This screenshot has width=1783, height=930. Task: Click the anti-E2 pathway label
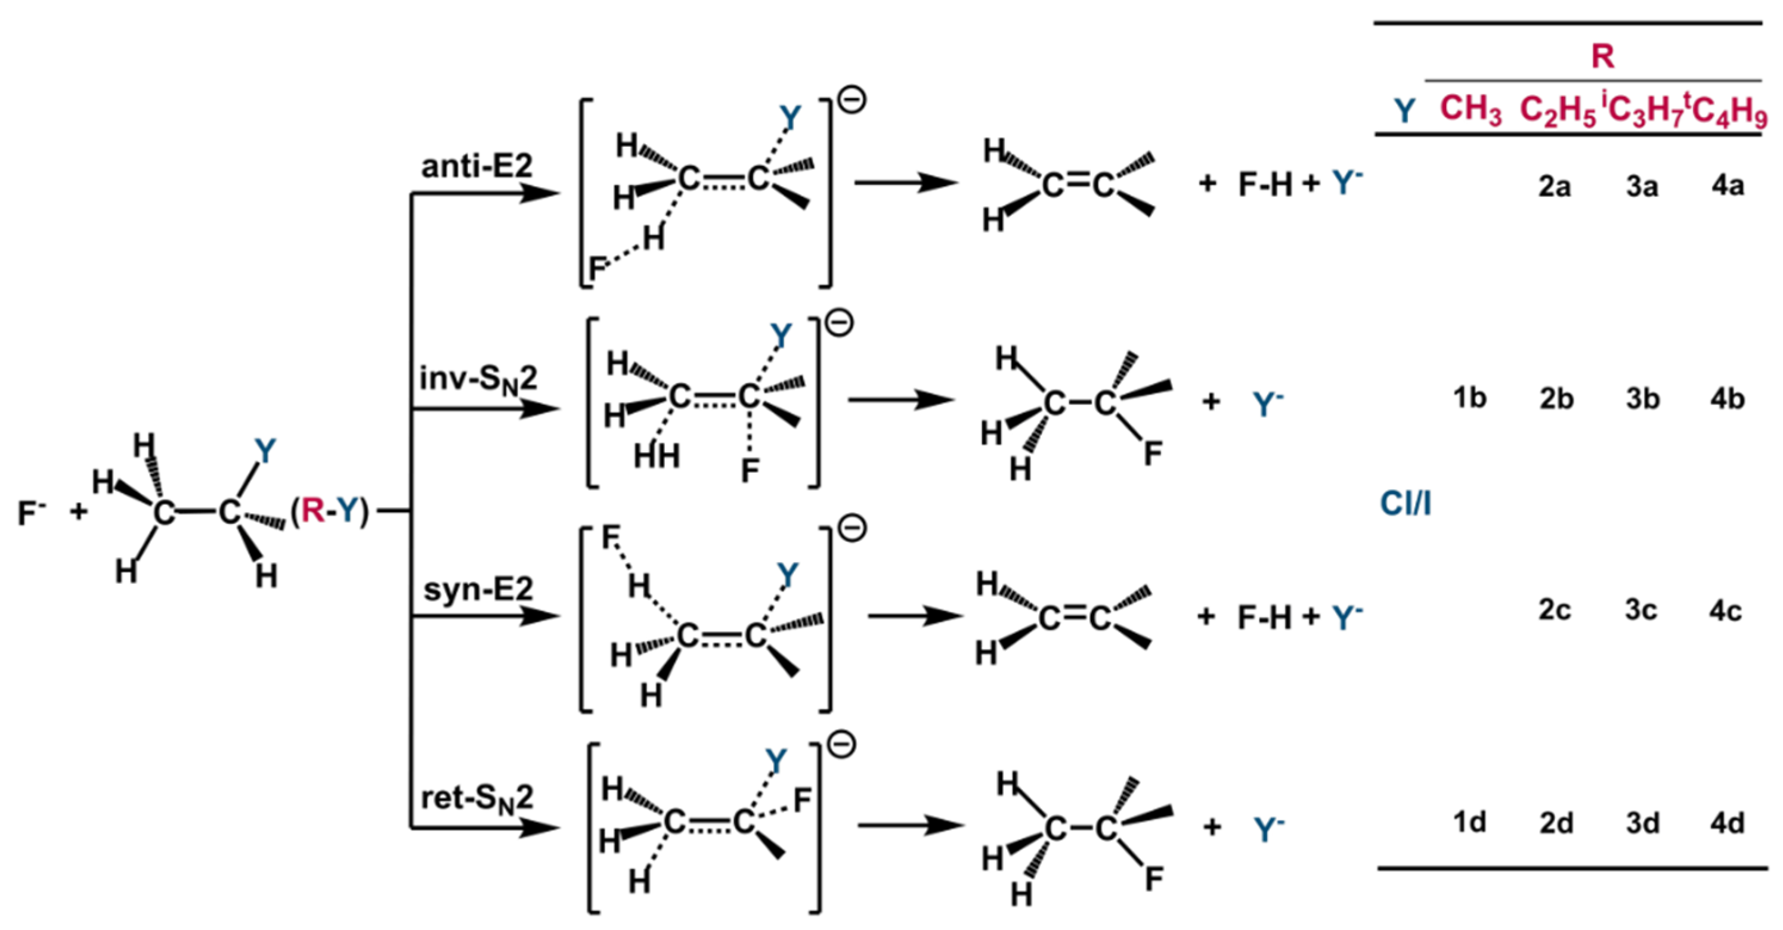(477, 166)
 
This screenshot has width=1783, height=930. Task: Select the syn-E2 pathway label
(478, 590)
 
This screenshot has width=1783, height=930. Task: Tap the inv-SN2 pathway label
(478, 379)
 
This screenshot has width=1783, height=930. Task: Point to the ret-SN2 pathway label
(478, 799)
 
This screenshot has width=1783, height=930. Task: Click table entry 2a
(1555, 186)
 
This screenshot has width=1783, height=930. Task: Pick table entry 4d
(1727, 823)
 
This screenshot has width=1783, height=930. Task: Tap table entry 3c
(1641, 610)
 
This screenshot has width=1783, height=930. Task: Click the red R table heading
(1603, 56)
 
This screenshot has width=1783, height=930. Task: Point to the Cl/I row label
(1405, 504)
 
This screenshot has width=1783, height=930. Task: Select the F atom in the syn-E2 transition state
(611, 537)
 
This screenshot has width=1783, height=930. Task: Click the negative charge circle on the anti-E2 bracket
(852, 100)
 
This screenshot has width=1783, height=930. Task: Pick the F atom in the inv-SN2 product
(1153, 454)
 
